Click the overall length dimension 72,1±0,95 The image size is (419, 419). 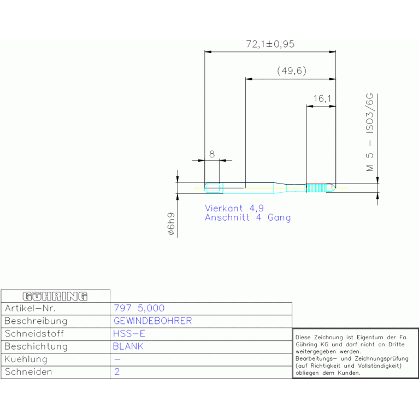click(270, 44)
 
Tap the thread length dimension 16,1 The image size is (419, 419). click(322, 98)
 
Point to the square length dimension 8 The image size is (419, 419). click(212, 154)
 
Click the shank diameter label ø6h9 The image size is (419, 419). click(171, 224)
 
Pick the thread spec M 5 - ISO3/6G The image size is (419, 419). click(370, 132)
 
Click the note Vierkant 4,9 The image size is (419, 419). click(234, 208)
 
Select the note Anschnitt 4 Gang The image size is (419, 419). click(247, 217)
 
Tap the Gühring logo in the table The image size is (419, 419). click(55, 296)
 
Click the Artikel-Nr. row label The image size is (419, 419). click(30, 308)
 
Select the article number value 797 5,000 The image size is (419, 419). click(139, 308)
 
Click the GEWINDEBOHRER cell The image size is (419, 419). click(153, 321)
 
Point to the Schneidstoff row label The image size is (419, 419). click(34, 334)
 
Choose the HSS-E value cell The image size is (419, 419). click(129, 334)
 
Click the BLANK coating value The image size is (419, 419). click(128, 346)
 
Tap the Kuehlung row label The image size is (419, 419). click(26, 359)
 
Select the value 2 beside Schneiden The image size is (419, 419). click(117, 371)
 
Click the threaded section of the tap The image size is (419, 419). click(316, 188)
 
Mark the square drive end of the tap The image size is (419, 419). click(214, 188)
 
